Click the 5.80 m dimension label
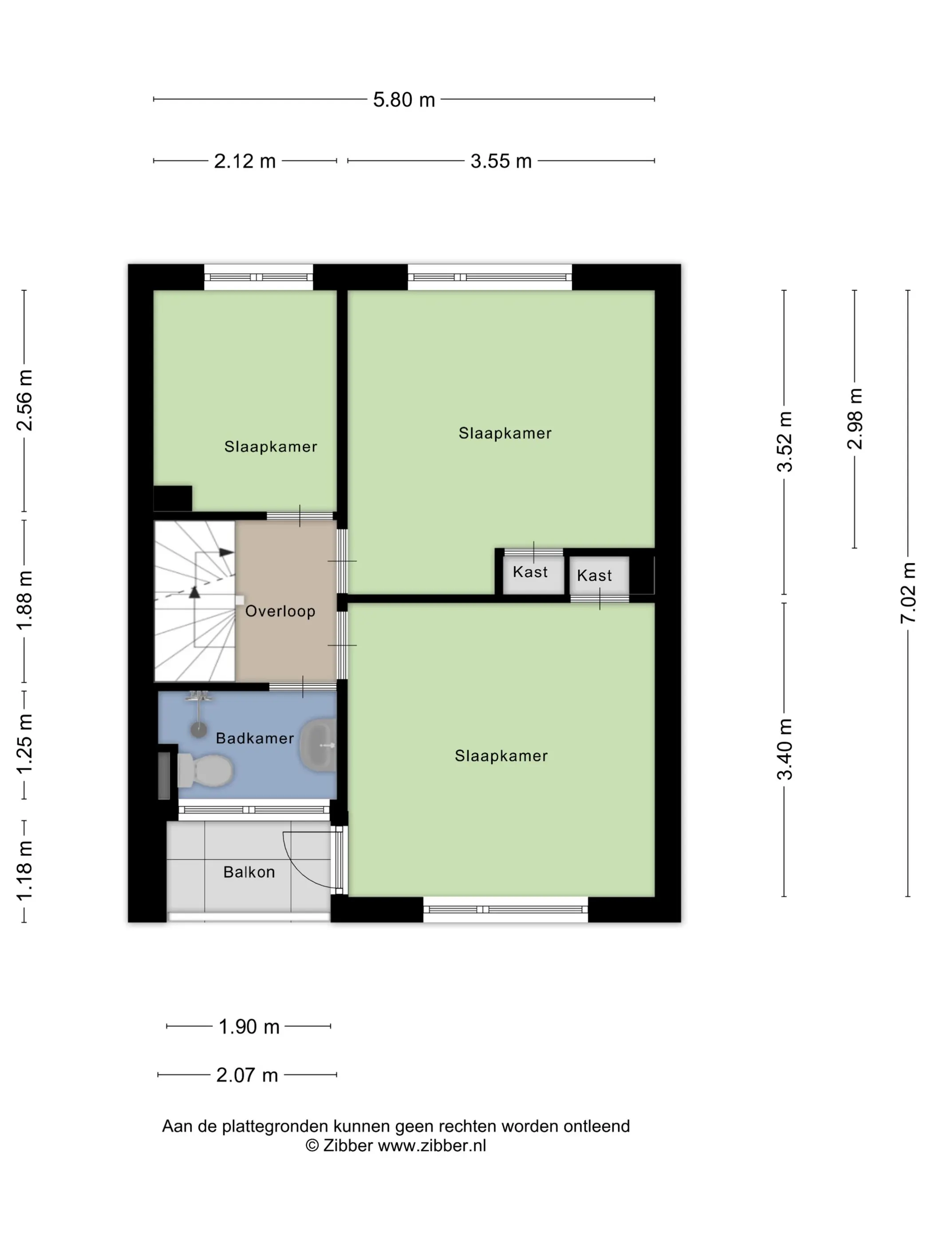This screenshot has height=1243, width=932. pyautogui.click(x=404, y=99)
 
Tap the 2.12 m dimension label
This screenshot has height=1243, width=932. pyautogui.click(x=245, y=161)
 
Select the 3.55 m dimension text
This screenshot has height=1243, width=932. pyautogui.click(x=501, y=161)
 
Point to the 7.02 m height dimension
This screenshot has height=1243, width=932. pyautogui.click(x=908, y=592)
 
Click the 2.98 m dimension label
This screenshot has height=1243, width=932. pyautogui.click(x=854, y=419)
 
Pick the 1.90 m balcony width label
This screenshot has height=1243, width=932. pyautogui.click(x=249, y=1027)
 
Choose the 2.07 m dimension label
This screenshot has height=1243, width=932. pyautogui.click(x=247, y=1075)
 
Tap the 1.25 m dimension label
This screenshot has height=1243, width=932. pyautogui.click(x=24, y=744)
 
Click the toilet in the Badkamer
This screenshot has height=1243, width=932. pyautogui.click(x=205, y=770)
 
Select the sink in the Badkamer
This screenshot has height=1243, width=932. pyautogui.click(x=318, y=745)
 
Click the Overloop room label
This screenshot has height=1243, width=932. pyautogui.click(x=280, y=611)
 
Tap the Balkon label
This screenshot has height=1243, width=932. pyautogui.click(x=249, y=872)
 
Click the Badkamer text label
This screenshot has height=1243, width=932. pyautogui.click(x=255, y=738)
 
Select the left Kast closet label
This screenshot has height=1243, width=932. pyautogui.click(x=530, y=572)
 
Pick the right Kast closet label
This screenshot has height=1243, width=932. pyautogui.click(x=594, y=575)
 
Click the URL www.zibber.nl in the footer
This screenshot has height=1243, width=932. pyautogui.click(x=432, y=1145)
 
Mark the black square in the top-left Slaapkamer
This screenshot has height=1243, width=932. pyautogui.click(x=173, y=499)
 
